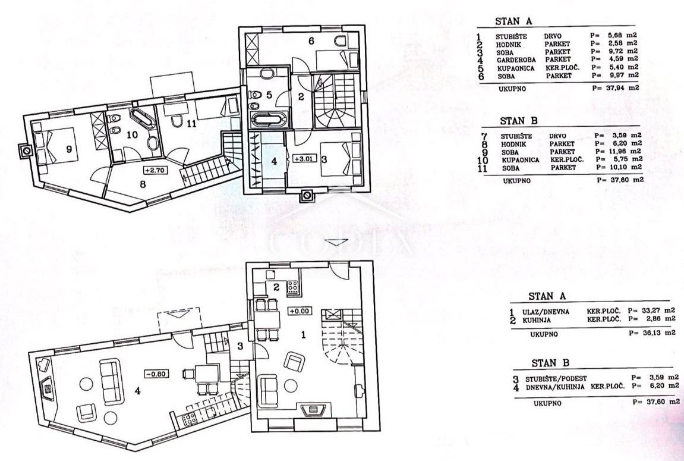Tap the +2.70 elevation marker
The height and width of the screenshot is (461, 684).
[x=155, y=170]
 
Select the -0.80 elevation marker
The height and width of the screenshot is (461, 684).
[x=157, y=374]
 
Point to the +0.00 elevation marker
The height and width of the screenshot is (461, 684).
[x=300, y=311]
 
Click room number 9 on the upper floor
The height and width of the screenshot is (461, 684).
[x=69, y=149]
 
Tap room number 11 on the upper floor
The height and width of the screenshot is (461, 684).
[x=191, y=124]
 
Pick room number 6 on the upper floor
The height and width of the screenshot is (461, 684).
[x=311, y=41]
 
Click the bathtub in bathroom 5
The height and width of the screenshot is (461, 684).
[x=267, y=120]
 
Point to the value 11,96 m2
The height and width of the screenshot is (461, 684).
[x=619, y=152]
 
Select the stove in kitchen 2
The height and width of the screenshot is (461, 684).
[x=292, y=288]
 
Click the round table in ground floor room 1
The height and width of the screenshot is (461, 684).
[x=291, y=385]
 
